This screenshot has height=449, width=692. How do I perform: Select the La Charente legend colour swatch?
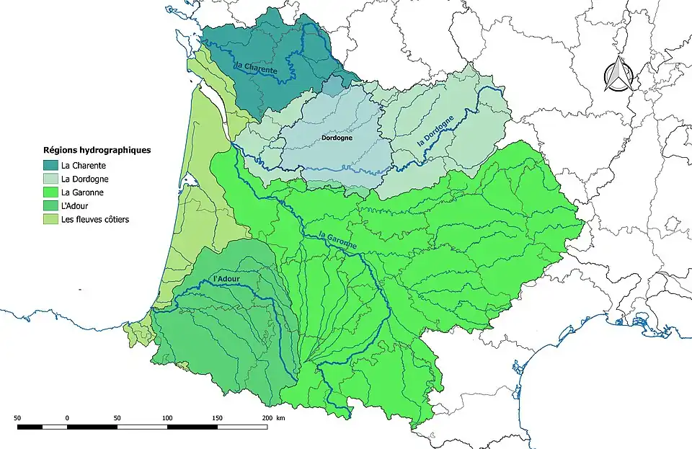pyautogui.click(x=50, y=166)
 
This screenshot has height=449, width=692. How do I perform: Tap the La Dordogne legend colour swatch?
pyautogui.click(x=50, y=179)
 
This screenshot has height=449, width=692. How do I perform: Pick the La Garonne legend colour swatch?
pyautogui.click(x=50, y=192)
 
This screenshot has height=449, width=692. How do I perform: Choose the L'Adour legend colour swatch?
pyautogui.click(x=50, y=205)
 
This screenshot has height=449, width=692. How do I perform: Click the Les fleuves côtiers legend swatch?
pyautogui.click(x=50, y=219)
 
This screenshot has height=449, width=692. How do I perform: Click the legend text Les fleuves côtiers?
pyautogui.click(x=95, y=219)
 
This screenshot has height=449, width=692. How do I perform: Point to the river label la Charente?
pyautogui.click(x=256, y=67)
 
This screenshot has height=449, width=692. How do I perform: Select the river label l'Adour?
pyautogui.click(x=226, y=279)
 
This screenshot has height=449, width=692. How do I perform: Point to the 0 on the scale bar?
pyautogui.click(x=67, y=417)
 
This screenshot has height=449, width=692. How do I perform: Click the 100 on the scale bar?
pyautogui.click(x=167, y=417)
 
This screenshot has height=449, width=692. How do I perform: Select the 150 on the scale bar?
pyautogui.click(x=217, y=417)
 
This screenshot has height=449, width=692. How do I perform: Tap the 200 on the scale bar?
pyautogui.click(x=267, y=417)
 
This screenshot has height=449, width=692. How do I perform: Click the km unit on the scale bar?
pyautogui.click(x=281, y=417)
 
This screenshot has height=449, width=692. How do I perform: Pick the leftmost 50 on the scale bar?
pyautogui.click(x=17, y=417)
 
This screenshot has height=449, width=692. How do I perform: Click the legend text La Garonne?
pyautogui.click(x=82, y=192)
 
